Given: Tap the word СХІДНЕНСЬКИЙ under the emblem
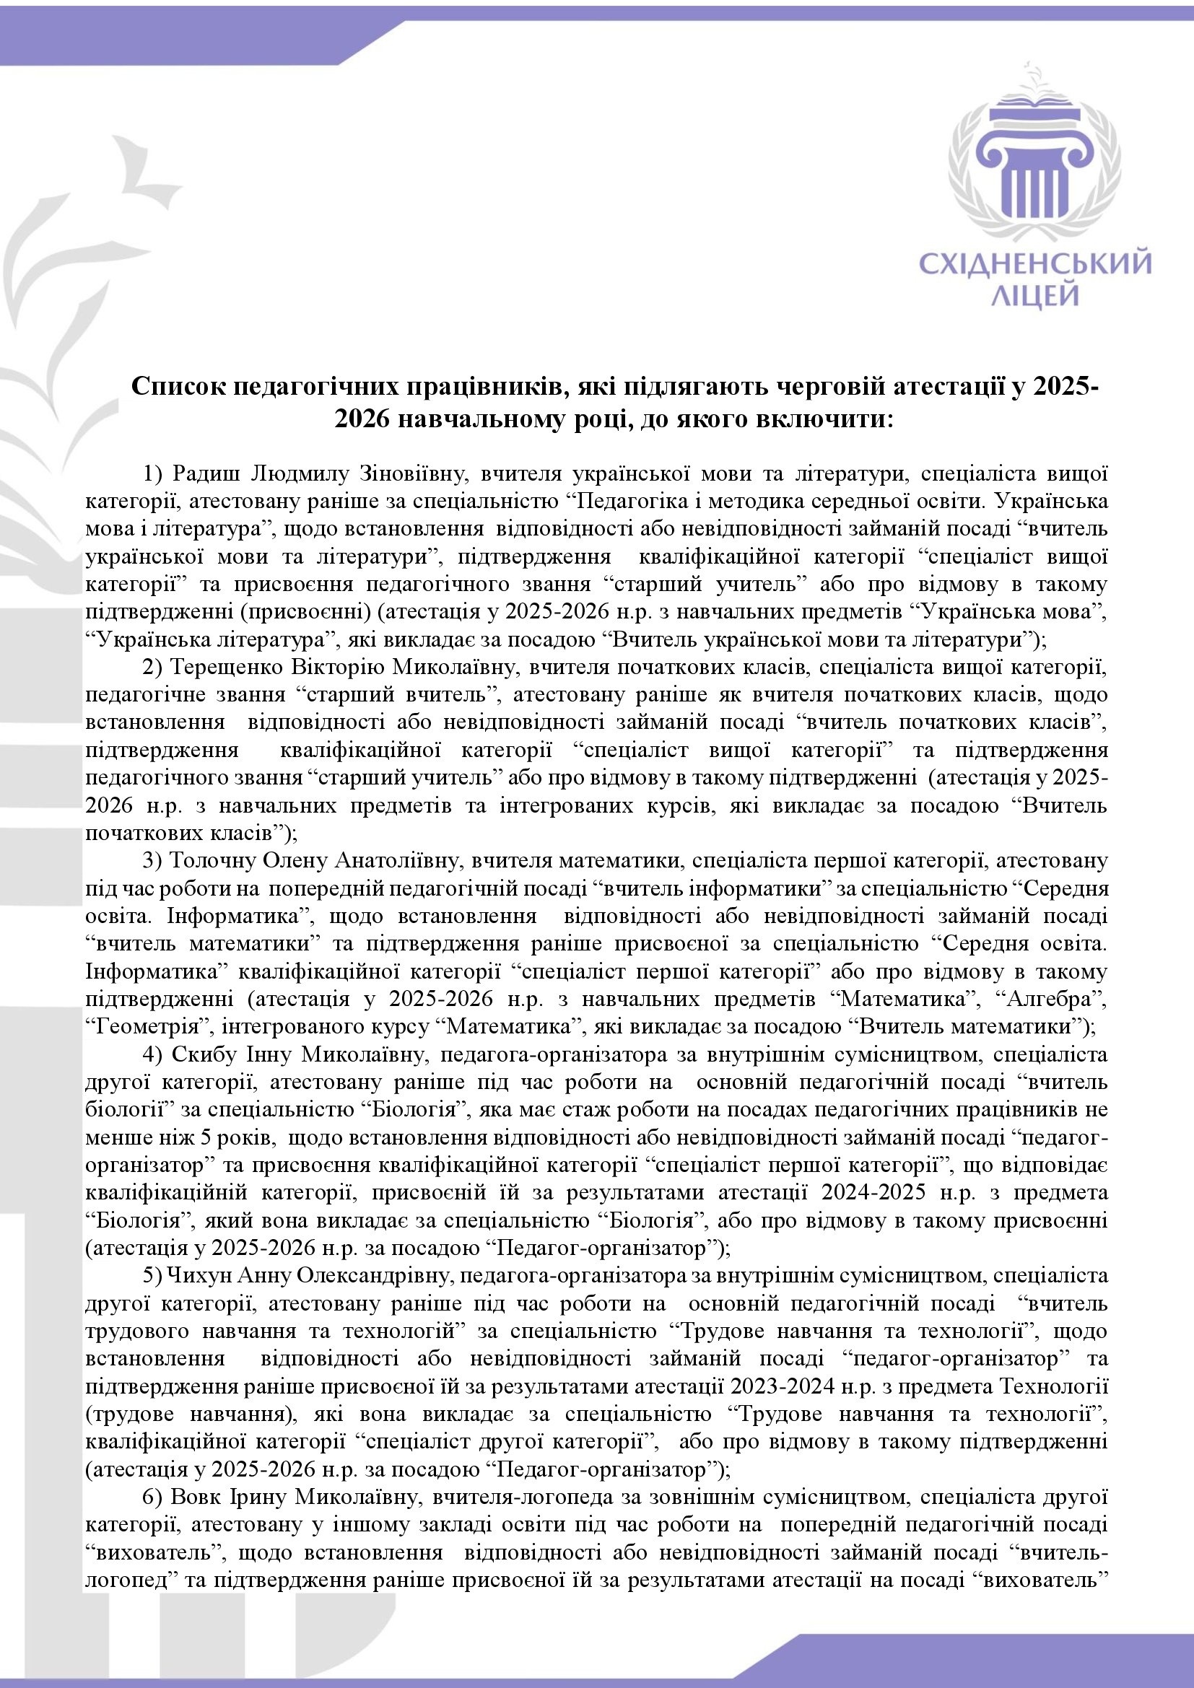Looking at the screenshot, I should coord(1037,263).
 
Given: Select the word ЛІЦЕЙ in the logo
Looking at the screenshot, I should coord(1037,296).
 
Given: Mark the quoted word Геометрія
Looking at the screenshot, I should coord(144,1026).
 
